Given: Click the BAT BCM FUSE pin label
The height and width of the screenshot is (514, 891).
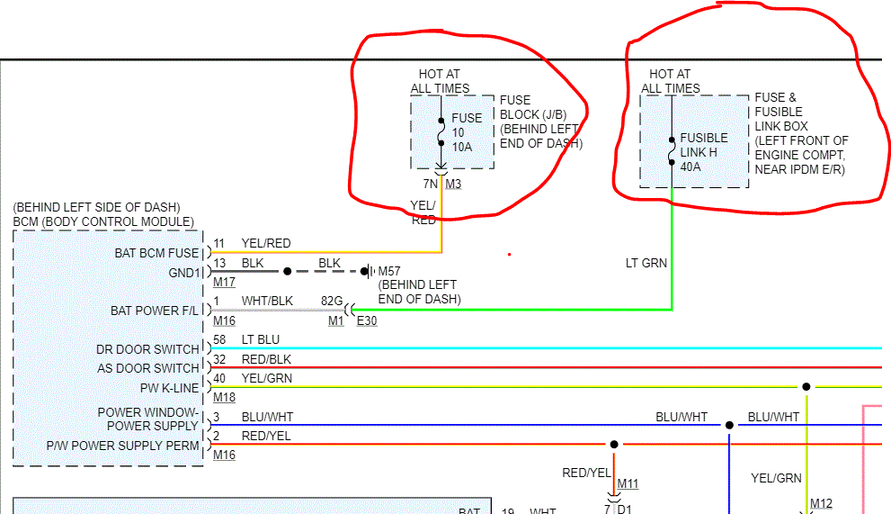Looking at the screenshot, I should pyautogui.click(x=156, y=253).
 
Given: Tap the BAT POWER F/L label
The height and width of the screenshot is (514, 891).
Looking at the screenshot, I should pyautogui.click(x=155, y=311).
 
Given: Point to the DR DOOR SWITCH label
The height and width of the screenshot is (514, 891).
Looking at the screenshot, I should pyautogui.click(x=147, y=349).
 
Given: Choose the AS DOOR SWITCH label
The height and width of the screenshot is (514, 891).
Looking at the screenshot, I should pyautogui.click(x=148, y=368).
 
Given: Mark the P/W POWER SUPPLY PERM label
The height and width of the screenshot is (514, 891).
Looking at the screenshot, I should pyautogui.click(x=123, y=446).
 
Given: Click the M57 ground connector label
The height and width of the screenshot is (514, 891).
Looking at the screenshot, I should pyautogui.click(x=388, y=271).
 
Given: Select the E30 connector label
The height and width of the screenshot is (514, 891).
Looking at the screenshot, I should pyautogui.click(x=367, y=320).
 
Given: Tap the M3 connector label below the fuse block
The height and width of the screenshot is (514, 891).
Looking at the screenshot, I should pyautogui.click(x=453, y=185).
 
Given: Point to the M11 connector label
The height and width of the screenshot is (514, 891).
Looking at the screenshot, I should pyautogui.click(x=628, y=484).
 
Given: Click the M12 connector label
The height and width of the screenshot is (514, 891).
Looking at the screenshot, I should pyautogui.click(x=821, y=503).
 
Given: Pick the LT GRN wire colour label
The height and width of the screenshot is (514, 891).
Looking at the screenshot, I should pyautogui.click(x=646, y=264).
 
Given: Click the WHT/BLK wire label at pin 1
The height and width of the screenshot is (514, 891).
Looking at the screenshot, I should pyautogui.click(x=267, y=302).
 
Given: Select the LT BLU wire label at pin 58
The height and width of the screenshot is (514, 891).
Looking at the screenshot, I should pyautogui.click(x=261, y=340).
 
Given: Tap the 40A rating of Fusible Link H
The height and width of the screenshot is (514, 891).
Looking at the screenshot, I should pyautogui.click(x=691, y=166).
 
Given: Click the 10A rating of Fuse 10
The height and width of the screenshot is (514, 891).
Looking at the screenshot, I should pyautogui.click(x=462, y=147).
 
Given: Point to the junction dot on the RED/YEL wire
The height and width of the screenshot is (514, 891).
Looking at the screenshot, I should pyautogui.click(x=614, y=444).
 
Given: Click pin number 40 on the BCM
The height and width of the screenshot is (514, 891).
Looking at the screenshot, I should pyautogui.click(x=219, y=379).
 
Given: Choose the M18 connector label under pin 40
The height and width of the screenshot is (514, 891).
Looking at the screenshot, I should pyautogui.click(x=224, y=397).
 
